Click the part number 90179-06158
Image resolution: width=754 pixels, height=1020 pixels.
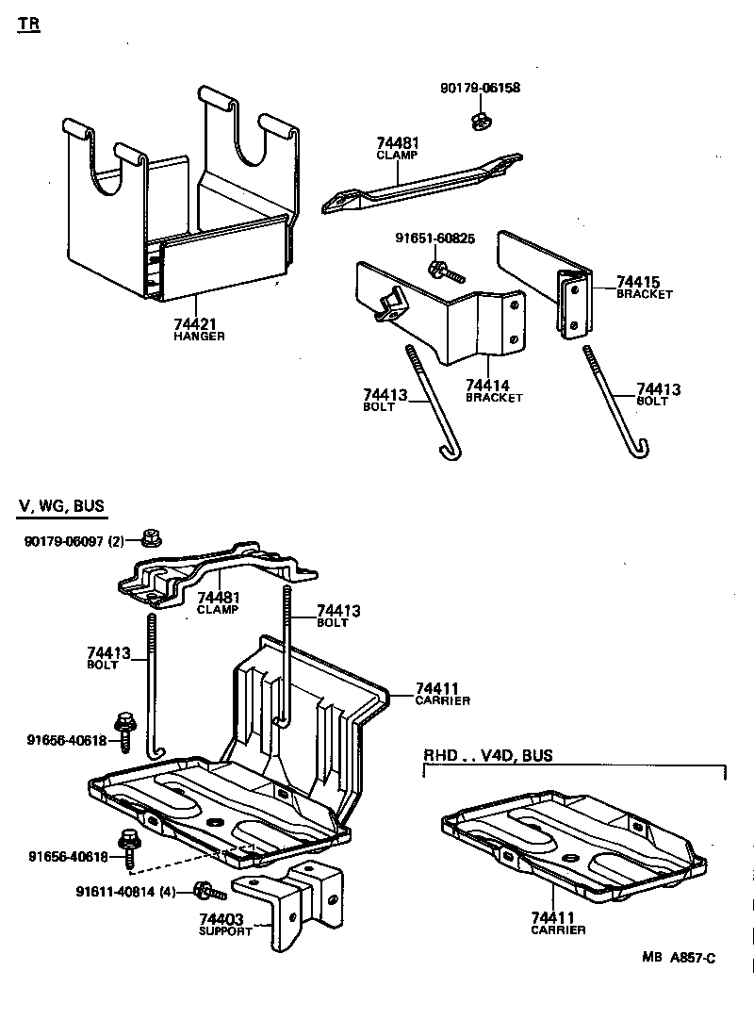[x=480, y=89]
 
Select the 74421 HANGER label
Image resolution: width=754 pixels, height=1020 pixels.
[x=199, y=329]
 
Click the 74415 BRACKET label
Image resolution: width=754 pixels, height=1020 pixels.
[x=644, y=287]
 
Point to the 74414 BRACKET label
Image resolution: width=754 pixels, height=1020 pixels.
[x=493, y=390]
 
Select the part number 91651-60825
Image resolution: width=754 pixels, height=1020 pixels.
[x=434, y=239]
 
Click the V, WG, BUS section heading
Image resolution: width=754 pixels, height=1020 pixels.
[x=61, y=507]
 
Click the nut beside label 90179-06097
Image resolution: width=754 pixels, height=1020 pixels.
[x=150, y=539]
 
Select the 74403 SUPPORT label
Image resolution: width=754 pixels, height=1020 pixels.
[x=225, y=924]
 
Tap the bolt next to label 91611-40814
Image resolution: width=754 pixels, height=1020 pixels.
[x=207, y=890]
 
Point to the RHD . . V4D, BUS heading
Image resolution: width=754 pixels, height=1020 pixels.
[x=487, y=755]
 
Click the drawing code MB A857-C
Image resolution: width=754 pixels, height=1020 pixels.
[x=679, y=957]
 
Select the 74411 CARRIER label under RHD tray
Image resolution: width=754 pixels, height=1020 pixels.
[x=557, y=923]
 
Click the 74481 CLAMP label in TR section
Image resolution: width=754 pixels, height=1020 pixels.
[x=397, y=148]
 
